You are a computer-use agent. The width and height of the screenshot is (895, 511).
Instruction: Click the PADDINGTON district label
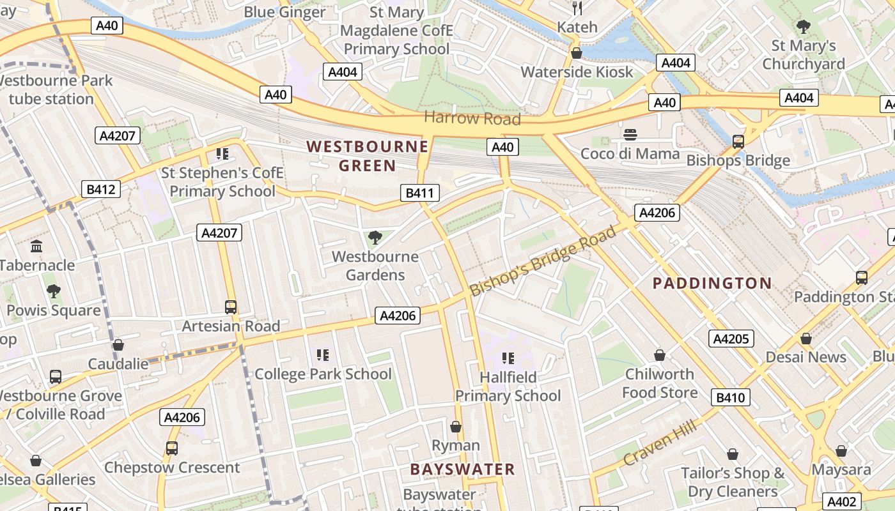tap(712, 283)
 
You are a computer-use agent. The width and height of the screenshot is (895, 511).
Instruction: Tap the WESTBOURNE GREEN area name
tap(367, 156)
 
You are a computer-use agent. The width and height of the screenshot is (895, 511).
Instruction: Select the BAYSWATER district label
tap(462, 469)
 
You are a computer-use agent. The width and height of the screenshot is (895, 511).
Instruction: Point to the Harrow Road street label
tap(472, 118)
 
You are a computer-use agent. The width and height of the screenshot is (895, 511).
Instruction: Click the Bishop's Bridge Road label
tap(543, 260)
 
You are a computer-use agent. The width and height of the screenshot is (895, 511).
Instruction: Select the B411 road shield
tap(419, 193)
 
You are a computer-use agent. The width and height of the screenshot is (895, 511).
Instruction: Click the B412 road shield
tap(101, 189)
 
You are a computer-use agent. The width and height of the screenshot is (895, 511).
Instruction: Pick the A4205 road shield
tap(731, 339)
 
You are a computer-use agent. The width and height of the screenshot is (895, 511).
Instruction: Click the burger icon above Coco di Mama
tap(630, 135)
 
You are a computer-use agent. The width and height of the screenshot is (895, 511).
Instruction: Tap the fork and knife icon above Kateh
tap(577, 8)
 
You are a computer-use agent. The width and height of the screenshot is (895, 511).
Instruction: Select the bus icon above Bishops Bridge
tap(738, 141)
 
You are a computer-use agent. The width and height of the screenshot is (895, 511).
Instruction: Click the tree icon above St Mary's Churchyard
tap(804, 27)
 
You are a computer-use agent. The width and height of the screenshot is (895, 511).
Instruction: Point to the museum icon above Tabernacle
tap(36, 246)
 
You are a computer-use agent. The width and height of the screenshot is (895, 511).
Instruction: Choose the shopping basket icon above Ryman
tap(456, 426)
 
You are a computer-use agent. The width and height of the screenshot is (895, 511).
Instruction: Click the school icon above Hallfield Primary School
tap(508, 358)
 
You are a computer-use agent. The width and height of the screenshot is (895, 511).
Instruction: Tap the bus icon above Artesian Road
tap(231, 307)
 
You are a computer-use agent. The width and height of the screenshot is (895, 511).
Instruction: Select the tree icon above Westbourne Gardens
tap(375, 238)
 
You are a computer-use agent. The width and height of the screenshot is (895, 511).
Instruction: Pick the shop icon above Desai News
tap(805, 338)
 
